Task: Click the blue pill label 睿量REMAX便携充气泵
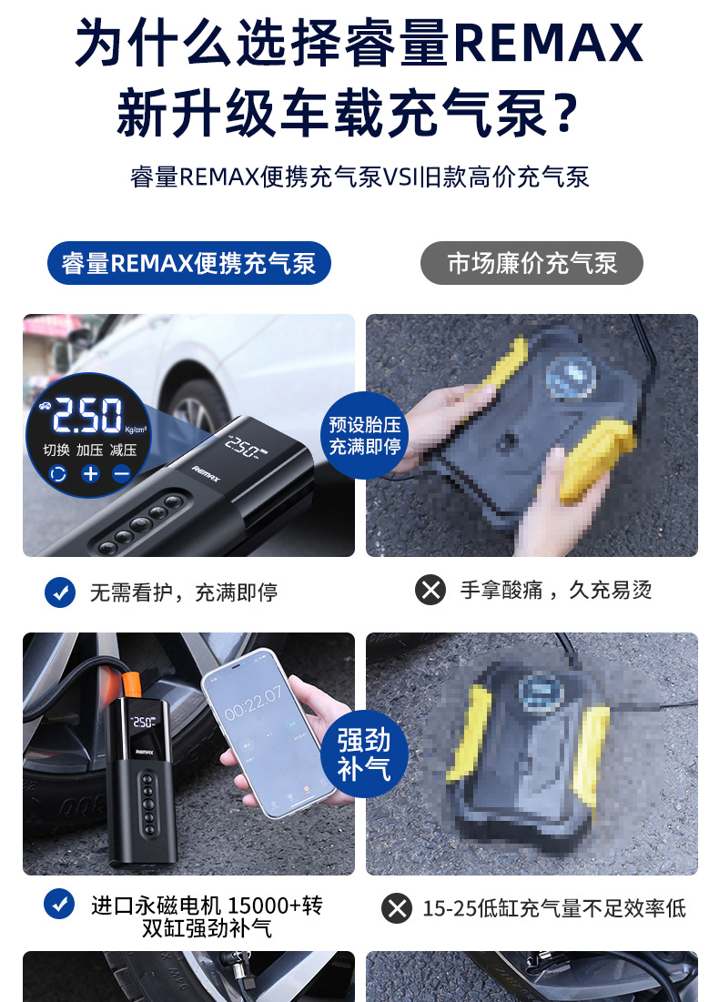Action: [189, 263]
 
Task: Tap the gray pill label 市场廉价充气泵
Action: [532, 263]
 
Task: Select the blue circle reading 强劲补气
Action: [364, 754]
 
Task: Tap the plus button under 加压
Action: [91, 473]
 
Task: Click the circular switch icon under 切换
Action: [57, 473]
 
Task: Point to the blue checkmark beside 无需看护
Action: [60, 592]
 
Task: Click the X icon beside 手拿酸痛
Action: [430, 590]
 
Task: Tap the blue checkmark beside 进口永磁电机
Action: [59, 905]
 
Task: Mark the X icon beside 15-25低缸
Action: [397, 908]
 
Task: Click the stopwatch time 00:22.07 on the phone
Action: [253, 703]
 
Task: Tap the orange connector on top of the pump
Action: [133, 686]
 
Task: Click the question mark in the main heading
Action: [564, 113]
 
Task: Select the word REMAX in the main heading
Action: [549, 44]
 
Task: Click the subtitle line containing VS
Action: [359, 177]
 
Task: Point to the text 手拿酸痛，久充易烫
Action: [556, 590]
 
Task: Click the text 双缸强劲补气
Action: [208, 928]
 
